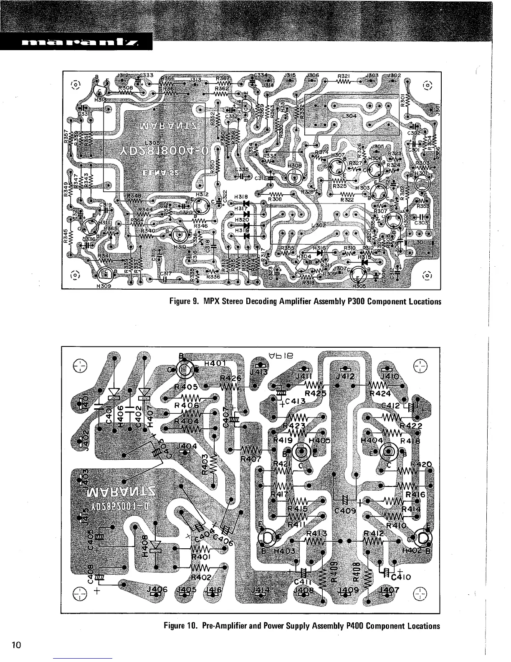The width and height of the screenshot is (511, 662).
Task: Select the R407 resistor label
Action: point(251,458)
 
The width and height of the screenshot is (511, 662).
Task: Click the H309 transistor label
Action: point(103,286)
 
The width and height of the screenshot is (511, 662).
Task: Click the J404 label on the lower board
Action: point(187,446)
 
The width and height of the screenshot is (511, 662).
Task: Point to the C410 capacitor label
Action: point(402,578)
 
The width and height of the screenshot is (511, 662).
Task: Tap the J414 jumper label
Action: point(261,590)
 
